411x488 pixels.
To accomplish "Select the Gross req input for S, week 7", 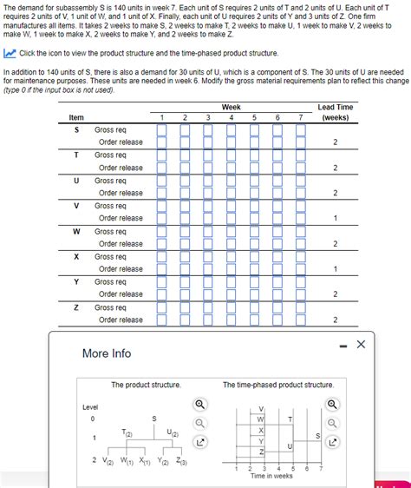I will (300, 129).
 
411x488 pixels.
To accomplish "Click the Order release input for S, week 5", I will (254, 142).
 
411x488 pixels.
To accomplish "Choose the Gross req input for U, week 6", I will (277, 180).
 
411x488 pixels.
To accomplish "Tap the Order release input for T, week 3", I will (208, 168).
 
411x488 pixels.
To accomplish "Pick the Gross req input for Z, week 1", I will (162, 307).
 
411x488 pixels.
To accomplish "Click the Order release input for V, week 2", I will (185, 218).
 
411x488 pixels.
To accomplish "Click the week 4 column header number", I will (231, 117).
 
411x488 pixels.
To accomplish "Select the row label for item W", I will (76, 231).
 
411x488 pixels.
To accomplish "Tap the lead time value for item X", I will (335, 269).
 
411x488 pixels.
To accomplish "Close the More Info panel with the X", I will (362, 345).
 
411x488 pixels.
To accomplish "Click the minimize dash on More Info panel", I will (343, 346).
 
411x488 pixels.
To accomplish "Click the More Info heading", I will (107, 353).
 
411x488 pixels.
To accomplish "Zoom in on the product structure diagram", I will (200, 405).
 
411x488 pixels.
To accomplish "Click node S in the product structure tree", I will (154, 419).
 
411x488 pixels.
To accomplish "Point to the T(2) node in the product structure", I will (127, 432).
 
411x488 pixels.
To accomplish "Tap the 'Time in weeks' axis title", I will (271, 476).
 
